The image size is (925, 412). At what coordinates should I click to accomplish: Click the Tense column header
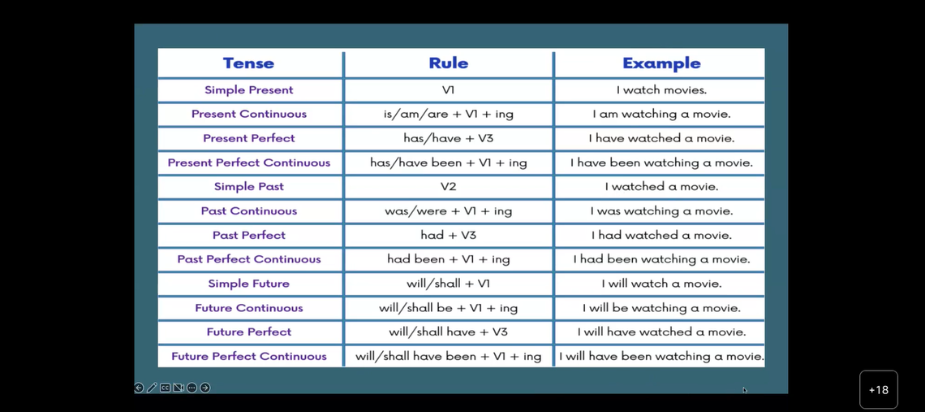point(248,63)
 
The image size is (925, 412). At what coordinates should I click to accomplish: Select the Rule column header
point(449,63)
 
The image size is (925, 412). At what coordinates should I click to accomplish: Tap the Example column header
point(661,63)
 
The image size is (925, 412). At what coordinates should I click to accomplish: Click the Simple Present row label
point(248,90)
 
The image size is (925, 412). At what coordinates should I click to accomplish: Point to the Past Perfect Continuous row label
point(248,259)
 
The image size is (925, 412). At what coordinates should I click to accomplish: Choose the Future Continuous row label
point(248,308)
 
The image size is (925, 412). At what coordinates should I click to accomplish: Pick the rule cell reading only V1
point(449,90)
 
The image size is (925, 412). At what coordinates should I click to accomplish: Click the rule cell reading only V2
point(449,187)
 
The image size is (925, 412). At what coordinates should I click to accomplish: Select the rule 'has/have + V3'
point(449,138)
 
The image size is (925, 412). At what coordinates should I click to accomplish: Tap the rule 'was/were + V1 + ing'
point(449,211)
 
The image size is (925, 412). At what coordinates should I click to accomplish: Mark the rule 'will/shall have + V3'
point(449,332)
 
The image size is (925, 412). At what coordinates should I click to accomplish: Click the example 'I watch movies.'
point(661,90)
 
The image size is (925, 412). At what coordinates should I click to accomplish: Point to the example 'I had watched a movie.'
point(661,236)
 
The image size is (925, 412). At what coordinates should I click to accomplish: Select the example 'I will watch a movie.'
point(661,284)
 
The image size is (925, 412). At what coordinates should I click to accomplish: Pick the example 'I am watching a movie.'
point(661,114)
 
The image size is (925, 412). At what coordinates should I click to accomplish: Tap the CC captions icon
point(166,388)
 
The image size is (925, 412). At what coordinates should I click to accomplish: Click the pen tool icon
point(152,388)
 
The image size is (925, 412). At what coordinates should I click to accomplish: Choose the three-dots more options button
point(191,388)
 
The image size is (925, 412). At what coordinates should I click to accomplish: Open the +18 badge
point(879,389)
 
